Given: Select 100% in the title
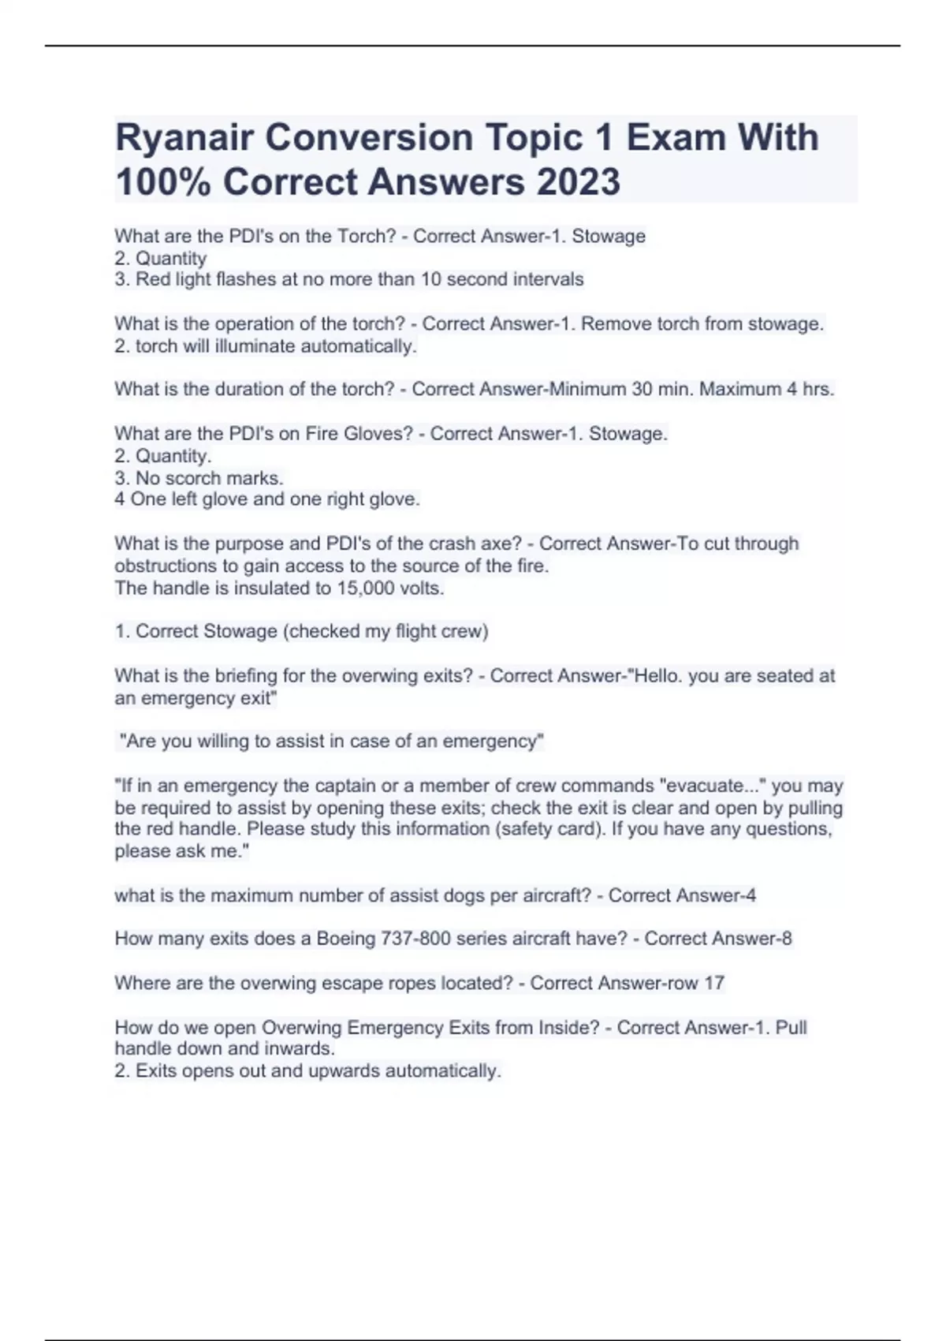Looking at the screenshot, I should (x=163, y=182).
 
